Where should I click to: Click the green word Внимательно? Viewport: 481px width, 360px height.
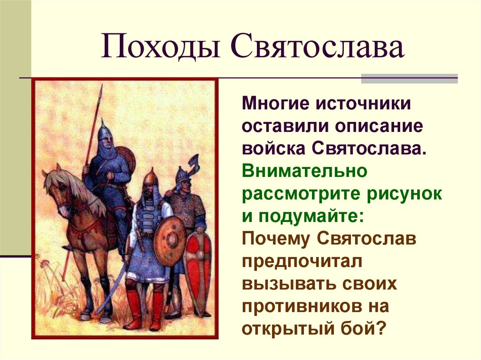click(x=304, y=171)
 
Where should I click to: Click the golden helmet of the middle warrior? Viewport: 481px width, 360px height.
click(x=151, y=177)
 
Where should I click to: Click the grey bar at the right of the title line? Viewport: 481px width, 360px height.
click(x=409, y=78)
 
